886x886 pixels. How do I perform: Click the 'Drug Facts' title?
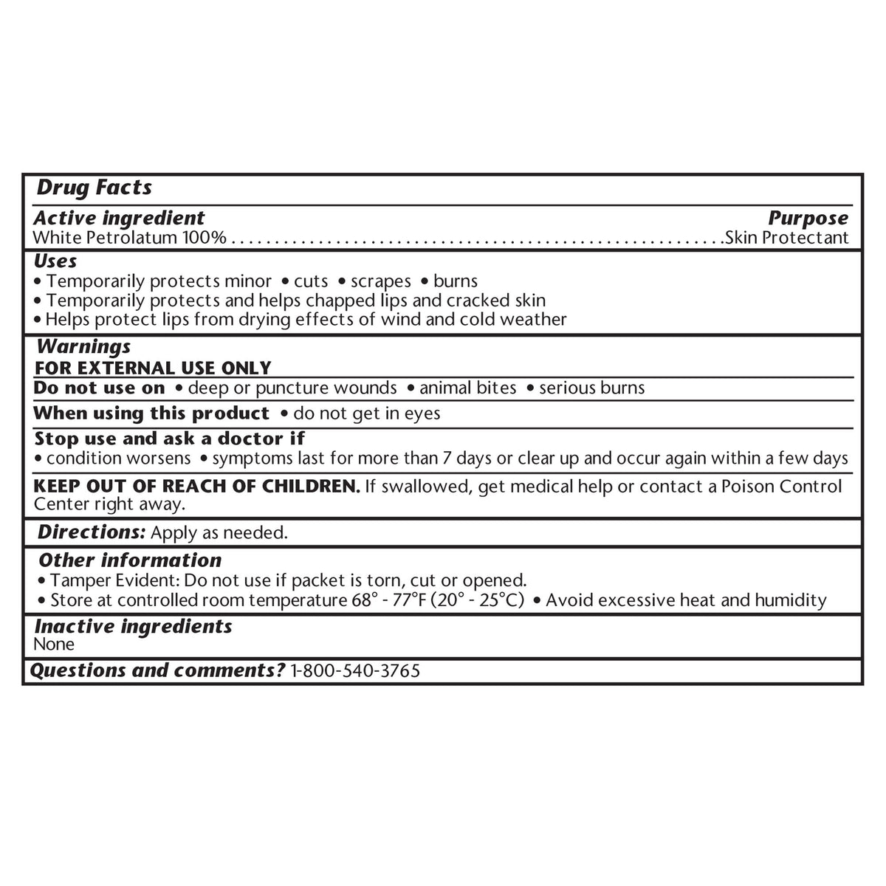94,188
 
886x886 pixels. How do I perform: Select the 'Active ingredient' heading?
119,218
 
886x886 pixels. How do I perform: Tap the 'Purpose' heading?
808,218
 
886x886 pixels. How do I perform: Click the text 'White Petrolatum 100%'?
130,238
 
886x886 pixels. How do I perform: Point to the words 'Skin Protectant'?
787,238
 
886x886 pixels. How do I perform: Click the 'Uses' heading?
55,261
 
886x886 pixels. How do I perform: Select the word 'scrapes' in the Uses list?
381,281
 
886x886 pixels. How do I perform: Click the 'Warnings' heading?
83,346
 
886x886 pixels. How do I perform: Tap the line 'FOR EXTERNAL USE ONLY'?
153,368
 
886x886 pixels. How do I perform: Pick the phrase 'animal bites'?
468,388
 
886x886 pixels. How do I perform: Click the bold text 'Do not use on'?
100,388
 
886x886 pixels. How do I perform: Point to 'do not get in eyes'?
366,413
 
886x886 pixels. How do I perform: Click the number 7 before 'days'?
447,459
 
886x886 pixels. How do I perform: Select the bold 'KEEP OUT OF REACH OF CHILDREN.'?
197,487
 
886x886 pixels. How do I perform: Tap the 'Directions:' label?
92,532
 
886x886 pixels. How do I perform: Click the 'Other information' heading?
129,560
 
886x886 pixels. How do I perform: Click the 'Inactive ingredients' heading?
133,627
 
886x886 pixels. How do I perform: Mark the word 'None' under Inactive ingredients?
54,645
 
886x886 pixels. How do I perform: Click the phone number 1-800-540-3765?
356,671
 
